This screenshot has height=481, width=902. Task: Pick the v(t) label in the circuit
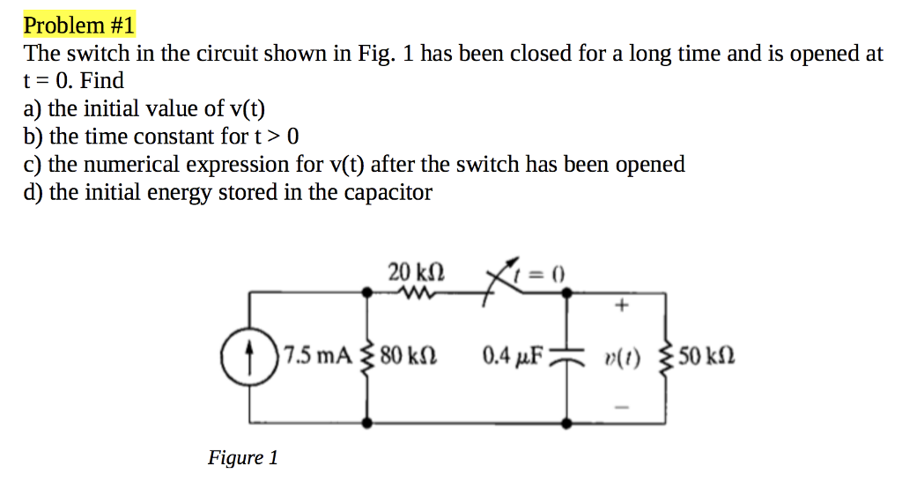624,359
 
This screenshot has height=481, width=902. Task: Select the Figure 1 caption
242,457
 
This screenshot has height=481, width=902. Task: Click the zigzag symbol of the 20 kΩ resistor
413,294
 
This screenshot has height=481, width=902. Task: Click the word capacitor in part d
388,193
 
